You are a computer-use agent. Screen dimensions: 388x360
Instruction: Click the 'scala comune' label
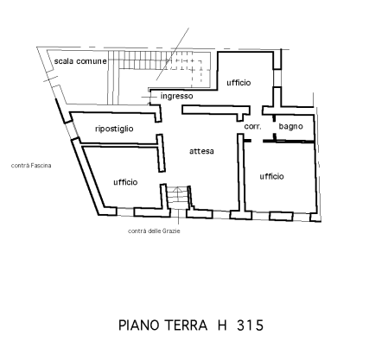[x=80, y=61]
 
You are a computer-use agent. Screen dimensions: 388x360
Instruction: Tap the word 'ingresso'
[x=176, y=96]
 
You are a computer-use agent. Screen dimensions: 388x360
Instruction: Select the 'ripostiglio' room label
[x=114, y=129]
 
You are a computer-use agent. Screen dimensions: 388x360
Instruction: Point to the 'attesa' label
[x=201, y=151]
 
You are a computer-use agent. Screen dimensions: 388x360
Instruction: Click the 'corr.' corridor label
[x=252, y=126]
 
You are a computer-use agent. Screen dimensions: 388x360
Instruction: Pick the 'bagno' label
[x=290, y=126]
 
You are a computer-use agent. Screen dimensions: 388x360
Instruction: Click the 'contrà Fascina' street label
[x=31, y=166]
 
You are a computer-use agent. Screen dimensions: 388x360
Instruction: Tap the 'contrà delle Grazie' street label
[x=154, y=231]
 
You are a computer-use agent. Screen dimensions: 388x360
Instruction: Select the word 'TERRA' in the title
[x=186, y=325]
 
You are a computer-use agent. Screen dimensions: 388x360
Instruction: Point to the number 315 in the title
[x=251, y=325]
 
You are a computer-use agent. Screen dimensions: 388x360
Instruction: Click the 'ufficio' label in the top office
[x=239, y=83]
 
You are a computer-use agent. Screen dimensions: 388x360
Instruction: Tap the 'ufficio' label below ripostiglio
[x=125, y=182]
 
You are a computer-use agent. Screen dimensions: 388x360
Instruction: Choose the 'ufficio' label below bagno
[x=271, y=176]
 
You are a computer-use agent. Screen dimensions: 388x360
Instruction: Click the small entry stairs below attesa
[x=178, y=198]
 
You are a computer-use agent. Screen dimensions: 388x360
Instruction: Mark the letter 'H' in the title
[x=222, y=325]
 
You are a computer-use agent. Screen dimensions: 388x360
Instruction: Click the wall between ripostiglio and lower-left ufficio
[x=119, y=145]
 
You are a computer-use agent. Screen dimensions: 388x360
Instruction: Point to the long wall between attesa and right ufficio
[x=241, y=173]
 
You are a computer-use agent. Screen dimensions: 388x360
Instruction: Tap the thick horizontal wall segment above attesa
[x=216, y=111]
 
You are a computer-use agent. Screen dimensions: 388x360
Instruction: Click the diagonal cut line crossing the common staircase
[x=173, y=54]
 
